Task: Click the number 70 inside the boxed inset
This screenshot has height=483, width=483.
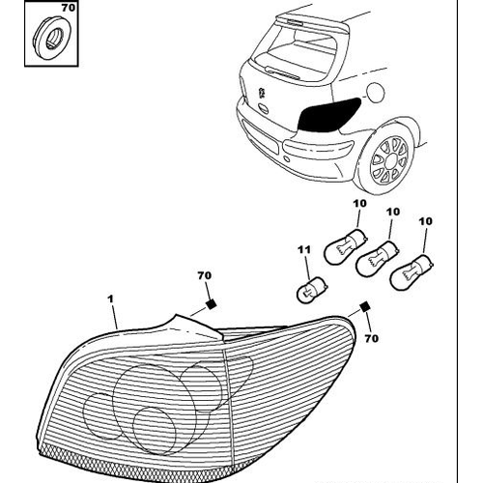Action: pyautogui.click(x=68, y=8)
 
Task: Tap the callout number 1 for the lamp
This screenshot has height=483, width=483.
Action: pyautogui.click(x=110, y=299)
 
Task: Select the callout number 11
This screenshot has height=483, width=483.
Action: pyautogui.click(x=304, y=249)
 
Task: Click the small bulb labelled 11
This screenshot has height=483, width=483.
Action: pyautogui.click(x=312, y=290)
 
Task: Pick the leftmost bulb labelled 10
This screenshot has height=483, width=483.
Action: pyautogui.click(x=346, y=246)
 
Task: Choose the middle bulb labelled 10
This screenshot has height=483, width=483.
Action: pyautogui.click(x=377, y=259)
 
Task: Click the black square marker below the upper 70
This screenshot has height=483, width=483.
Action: pyautogui.click(x=211, y=304)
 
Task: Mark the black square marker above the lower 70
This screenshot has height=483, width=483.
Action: pyautogui.click(x=364, y=307)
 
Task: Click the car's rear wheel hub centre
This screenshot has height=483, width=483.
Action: pyautogui.click(x=390, y=160)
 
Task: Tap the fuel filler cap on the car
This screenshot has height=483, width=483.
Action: pyautogui.click(x=376, y=92)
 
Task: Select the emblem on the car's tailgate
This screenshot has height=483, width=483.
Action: pyautogui.click(x=262, y=94)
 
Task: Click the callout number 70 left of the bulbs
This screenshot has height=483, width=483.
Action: pyautogui.click(x=205, y=275)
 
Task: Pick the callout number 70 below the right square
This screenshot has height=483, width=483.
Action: pyautogui.click(x=371, y=338)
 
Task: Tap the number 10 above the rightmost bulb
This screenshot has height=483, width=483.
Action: pyautogui.click(x=425, y=221)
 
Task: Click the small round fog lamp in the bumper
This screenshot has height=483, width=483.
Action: pyautogui.click(x=286, y=158)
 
